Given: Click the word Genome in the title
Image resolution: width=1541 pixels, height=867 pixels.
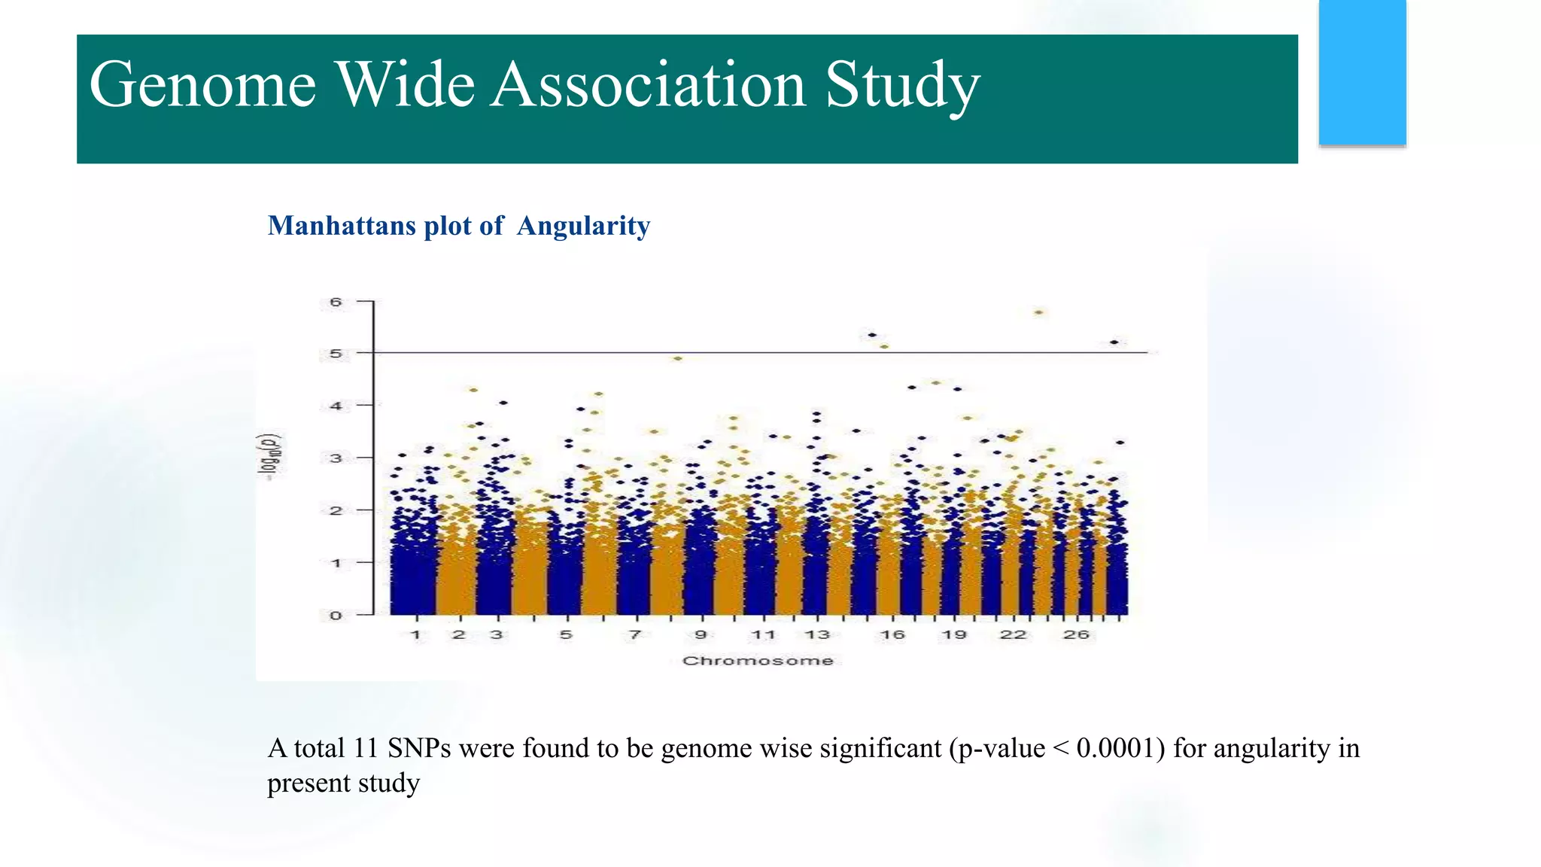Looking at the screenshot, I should pos(202,86).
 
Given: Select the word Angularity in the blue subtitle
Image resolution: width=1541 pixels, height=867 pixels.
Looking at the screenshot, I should pos(583,226).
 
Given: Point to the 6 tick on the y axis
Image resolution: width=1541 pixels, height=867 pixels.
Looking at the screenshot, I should pos(336,303).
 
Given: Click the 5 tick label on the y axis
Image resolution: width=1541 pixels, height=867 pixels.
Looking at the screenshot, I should pos(336,354).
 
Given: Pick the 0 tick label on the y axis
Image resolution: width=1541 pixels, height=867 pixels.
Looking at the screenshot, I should pos(336,616).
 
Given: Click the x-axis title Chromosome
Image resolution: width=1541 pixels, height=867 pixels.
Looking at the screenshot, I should pos(758,661).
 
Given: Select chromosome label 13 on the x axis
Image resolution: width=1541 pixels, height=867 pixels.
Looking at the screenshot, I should pos(817,635).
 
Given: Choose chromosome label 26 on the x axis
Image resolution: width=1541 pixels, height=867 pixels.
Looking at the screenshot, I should pos(1076,635).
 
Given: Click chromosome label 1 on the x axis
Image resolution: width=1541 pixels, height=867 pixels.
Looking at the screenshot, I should pos(415,635).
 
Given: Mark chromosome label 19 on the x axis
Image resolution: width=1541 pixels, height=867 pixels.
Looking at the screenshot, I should pos(954,635).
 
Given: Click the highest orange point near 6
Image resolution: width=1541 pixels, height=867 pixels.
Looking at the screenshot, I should pos(1039,312).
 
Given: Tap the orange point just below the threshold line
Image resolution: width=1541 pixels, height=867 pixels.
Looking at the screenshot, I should pos(678,359).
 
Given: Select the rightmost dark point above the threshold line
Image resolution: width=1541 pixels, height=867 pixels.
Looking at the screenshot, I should pos(1114,342).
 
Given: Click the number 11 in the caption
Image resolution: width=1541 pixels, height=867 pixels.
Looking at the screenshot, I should pos(365,749).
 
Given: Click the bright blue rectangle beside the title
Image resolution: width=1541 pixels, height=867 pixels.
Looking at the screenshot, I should pos(1362,72).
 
